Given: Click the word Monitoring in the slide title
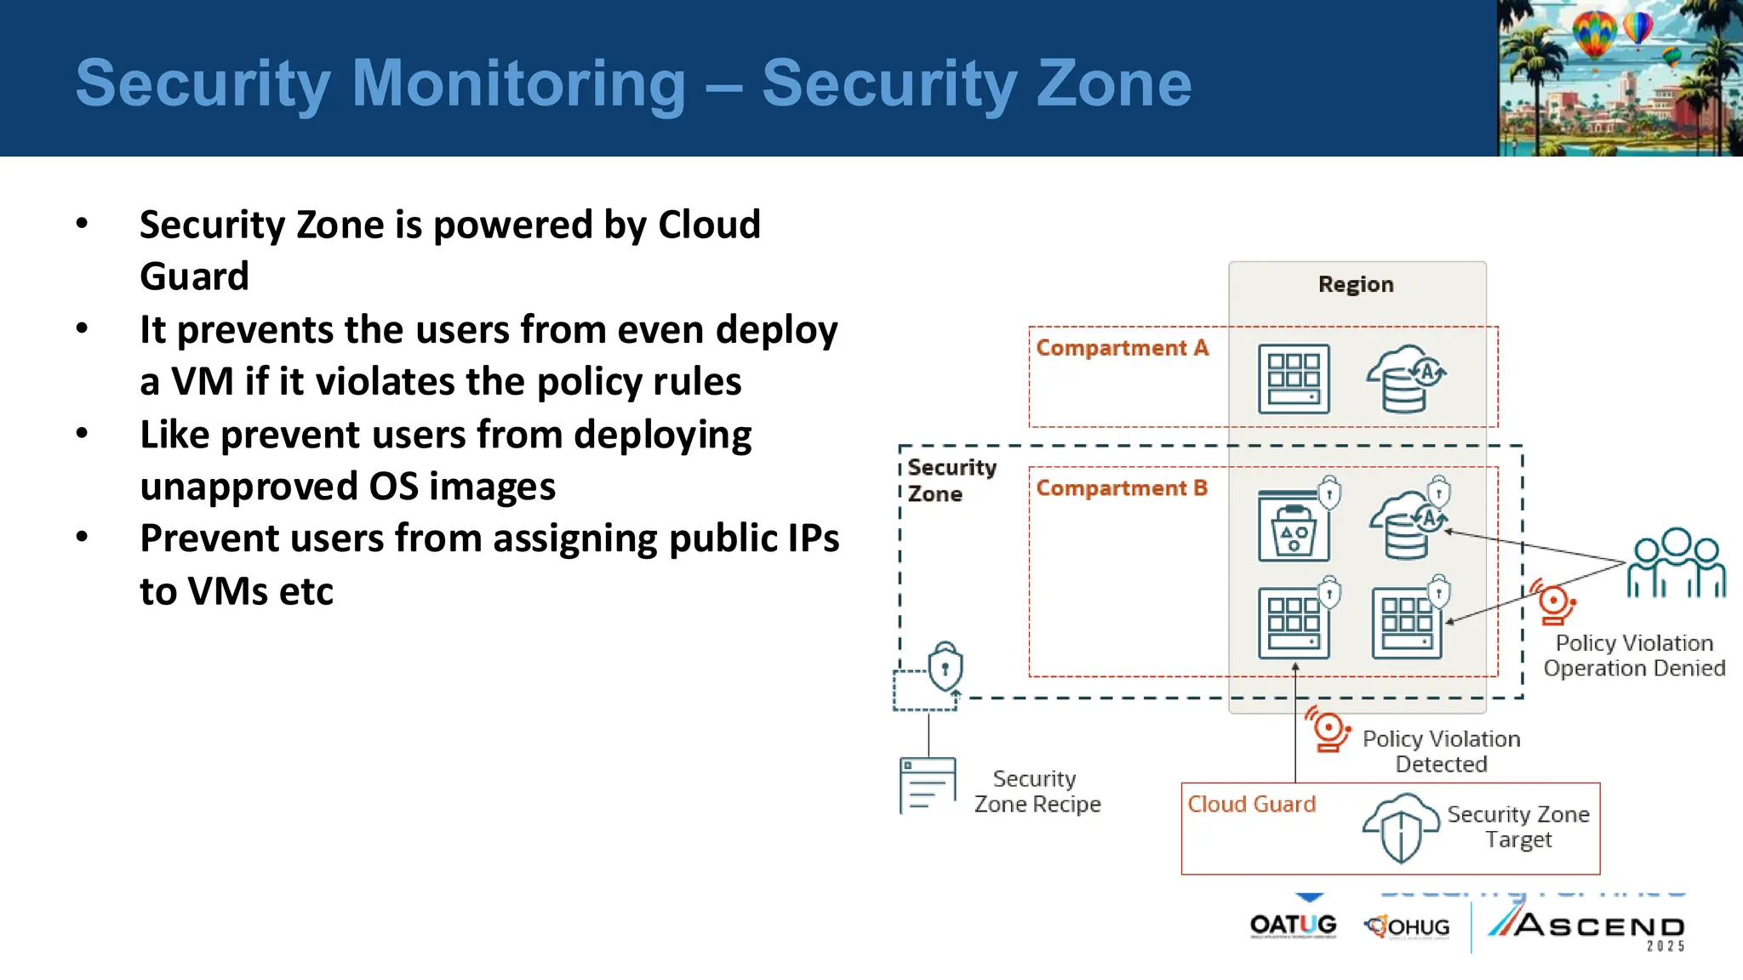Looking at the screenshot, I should pos(518,83).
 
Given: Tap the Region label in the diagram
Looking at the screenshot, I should pos(1356,284).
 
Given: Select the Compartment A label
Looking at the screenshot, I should pos(1122,348).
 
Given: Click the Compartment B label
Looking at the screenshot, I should pos(1122,488).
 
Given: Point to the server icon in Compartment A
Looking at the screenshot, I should pos(1294,379).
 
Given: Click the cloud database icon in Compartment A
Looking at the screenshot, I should pos(1405,379).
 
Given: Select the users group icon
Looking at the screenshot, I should pos(1676,563).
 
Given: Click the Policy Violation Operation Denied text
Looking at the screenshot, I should pos(1634,656).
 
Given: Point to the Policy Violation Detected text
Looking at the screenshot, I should pos(1441,751).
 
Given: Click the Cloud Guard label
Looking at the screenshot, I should pos(1251,804).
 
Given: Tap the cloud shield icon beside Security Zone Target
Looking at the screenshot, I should pos(1400,828).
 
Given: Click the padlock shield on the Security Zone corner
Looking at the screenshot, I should pos(945,667).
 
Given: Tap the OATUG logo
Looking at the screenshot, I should pos(1293,926).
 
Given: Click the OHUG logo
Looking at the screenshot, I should pos(1407,926).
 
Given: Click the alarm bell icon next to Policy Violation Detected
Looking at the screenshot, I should pos(1328,729).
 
